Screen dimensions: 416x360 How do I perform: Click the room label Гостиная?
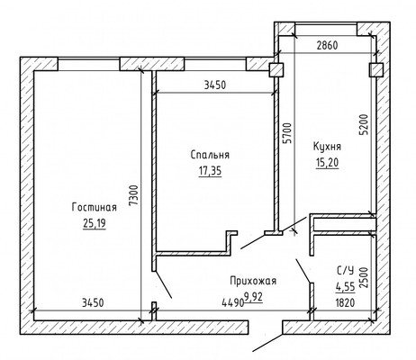click(x=95, y=207)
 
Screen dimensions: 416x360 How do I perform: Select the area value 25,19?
click(x=95, y=223)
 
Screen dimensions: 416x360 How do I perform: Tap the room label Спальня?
click(x=210, y=155)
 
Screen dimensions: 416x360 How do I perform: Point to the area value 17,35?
click(x=210, y=171)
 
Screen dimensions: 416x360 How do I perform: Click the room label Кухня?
click(x=327, y=147)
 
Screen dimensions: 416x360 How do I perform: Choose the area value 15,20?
click(x=327, y=163)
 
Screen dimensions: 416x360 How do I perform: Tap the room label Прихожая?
click(x=253, y=281)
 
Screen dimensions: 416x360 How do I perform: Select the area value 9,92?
click(x=254, y=297)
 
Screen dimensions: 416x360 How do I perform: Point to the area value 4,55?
click(x=346, y=287)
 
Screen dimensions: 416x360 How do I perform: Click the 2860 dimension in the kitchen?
click(x=327, y=45)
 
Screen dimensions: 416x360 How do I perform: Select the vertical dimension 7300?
click(x=134, y=195)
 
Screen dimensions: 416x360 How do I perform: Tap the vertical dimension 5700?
click(x=287, y=132)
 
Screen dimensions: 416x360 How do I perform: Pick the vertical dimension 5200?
click(x=364, y=124)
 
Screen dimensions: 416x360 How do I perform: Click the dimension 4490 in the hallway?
click(x=232, y=302)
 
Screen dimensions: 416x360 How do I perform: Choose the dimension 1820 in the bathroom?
click(x=346, y=302)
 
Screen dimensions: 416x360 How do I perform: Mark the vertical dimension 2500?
click(x=364, y=277)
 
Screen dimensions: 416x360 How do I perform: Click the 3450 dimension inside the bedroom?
click(x=215, y=85)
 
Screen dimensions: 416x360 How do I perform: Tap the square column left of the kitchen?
click(x=276, y=70)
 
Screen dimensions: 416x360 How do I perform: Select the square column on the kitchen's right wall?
click(x=376, y=70)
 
